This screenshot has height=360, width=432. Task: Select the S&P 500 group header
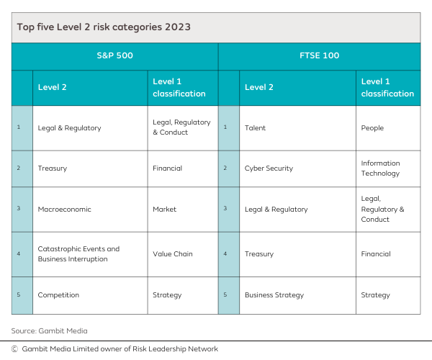[x=114, y=55]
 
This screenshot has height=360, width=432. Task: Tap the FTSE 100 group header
[x=319, y=55]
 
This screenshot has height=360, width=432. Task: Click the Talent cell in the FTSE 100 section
[x=255, y=128]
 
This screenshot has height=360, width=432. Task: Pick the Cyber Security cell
[x=269, y=168]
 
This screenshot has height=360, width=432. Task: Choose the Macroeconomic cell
[x=64, y=210]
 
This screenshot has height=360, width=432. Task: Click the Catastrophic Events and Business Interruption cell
[x=78, y=253]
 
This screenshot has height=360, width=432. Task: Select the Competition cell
[x=58, y=294]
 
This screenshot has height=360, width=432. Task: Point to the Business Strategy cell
[x=274, y=294]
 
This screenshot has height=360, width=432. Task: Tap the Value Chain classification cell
[x=172, y=253]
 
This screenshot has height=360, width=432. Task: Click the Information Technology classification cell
[x=380, y=168]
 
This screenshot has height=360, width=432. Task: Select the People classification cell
[x=372, y=128]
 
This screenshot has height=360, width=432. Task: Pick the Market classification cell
[x=164, y=210]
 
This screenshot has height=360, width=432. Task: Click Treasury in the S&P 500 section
[x=52, y=168]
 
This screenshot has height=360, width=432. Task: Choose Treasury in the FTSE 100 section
[x=258, y=253]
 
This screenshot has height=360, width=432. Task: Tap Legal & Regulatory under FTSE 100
[x=276, y=210]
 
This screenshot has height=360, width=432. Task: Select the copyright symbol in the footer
[x=14, y=348]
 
